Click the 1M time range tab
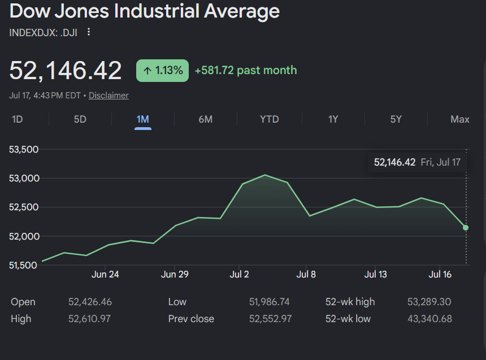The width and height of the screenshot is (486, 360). (143, 119)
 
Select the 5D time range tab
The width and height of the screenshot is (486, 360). (80, 119)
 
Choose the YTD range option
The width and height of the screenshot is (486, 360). (270, 119)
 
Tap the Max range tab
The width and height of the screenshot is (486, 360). (460, 119)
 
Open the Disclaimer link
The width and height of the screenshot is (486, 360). (109, 96)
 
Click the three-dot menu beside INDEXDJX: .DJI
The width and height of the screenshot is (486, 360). (89, 32)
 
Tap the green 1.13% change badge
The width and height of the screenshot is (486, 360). (162, 71)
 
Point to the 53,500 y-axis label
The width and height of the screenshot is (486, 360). (24, 149)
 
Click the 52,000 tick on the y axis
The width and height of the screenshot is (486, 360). (24, 236)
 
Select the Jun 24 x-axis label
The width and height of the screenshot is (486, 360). (105, 275)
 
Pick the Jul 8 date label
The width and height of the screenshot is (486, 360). (306, 275)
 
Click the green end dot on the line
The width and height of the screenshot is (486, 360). (466, 228)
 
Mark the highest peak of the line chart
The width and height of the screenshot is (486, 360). (265, 175)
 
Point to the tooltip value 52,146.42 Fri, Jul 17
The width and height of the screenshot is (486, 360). (417, 162)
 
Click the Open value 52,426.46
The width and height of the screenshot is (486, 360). (90, 302)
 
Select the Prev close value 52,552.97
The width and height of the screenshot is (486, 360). (270, 319)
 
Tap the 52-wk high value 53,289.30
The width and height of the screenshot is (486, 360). (429, 302)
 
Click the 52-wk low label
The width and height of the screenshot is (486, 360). (348, 319)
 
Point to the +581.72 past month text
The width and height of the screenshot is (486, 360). (246, 71)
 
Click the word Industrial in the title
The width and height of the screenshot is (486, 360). (157, 11)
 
